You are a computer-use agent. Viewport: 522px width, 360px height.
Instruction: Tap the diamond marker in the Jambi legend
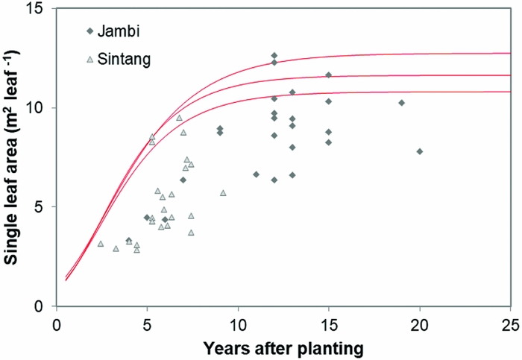coord(89,31)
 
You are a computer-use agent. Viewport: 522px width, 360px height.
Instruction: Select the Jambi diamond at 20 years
coord(420,151)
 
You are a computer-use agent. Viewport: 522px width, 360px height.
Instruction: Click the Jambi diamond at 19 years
coord(402,103)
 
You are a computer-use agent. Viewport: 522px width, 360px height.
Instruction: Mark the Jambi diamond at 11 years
coord(256,174)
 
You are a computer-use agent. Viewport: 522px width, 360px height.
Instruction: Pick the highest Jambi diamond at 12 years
coord(274,56)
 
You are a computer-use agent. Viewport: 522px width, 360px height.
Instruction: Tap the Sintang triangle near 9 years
coord(223,193)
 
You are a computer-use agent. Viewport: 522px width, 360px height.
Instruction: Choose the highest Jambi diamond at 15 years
coord(329,75)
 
